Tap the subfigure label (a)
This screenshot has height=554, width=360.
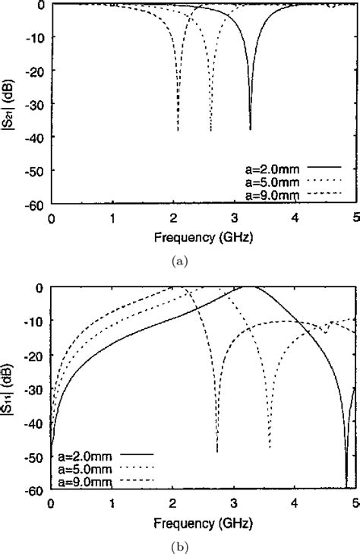click(178, 261)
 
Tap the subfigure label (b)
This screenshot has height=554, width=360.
click(178, 546)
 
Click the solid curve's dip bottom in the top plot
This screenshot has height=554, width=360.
click(250, 129)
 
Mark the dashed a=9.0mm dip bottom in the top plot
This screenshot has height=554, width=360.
click(178, 130)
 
